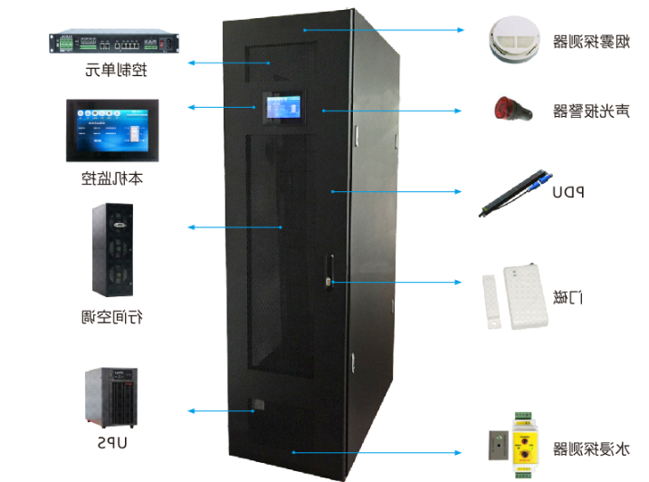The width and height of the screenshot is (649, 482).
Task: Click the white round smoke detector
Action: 516,38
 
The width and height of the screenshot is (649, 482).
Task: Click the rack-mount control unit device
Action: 109,42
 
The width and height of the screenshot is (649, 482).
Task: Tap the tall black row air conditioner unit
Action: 112,251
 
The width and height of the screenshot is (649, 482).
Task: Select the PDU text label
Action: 568,191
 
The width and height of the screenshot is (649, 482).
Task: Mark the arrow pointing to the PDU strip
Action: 398,191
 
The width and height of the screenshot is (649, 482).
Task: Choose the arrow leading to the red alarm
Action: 389,110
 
